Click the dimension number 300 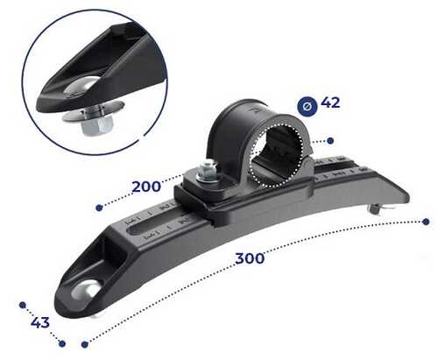pyautogui.click(x=250, y=258)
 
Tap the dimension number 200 pyautogui.click(x=146, y=187)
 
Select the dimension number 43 pyautogui.click(x=40, y=322)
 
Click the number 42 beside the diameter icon pyautogui.click(x=330, y=102)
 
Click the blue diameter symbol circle pyautogui.click(x=307, y=107)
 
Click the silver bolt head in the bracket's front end pyautogui.click(x=85, y=290)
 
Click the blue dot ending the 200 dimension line pyautogui.click(x=99, y=208)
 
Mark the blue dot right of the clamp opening pyautogui.click(x=330, y=141)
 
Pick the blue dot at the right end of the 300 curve pyautogui.click(x=426, y=222)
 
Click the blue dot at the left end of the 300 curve pyautogui.click(x=85, y=344)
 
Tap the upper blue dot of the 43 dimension pyautogui.click(x=23, y=305)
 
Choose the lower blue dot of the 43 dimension pyautogui.click(x=62, y=343)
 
